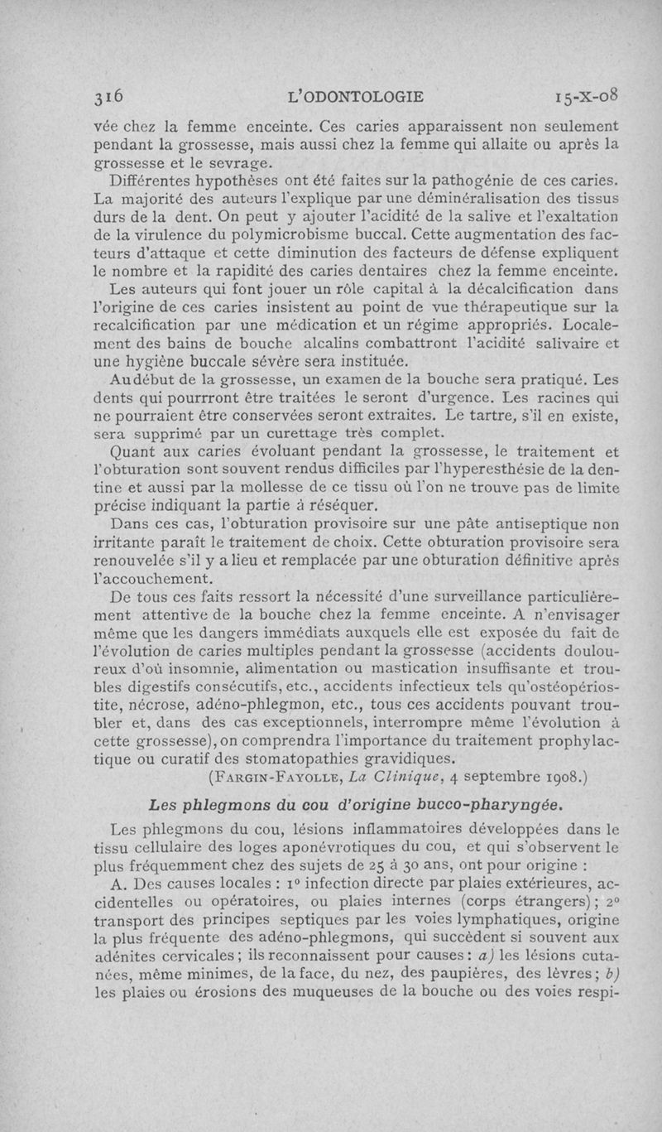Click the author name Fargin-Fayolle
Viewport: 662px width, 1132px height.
pos(261,778)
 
